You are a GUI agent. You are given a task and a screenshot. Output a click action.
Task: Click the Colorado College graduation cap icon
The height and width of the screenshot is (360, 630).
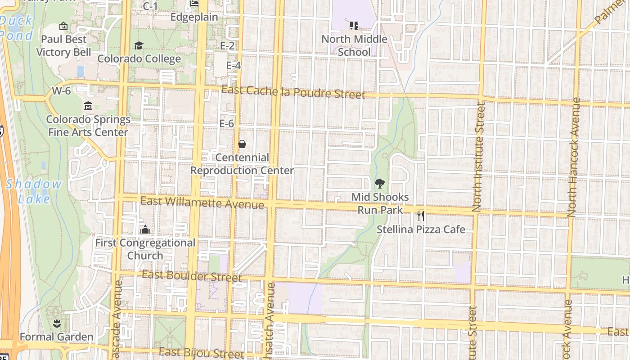[139, 46]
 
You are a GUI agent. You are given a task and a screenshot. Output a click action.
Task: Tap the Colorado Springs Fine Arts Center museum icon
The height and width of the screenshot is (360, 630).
[88, 107]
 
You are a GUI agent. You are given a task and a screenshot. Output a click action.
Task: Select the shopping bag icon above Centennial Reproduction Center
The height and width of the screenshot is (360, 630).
[242, 144]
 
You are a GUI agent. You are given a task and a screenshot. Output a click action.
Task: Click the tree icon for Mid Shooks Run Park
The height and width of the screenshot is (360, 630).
[380, 184]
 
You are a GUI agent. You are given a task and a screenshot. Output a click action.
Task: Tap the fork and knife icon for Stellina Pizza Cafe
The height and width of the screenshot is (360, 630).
[421, 216]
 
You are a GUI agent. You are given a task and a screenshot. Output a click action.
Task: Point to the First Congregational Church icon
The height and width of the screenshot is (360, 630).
[145, 229]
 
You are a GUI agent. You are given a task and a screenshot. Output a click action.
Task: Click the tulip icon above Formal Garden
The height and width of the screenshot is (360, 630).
[57, 323]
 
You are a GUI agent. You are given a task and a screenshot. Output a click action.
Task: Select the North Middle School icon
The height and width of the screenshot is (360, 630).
[354, 26]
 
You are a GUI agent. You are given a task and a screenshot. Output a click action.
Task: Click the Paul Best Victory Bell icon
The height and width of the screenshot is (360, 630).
[63, 27]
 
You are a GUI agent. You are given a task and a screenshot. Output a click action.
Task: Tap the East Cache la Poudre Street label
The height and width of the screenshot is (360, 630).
[293, 92]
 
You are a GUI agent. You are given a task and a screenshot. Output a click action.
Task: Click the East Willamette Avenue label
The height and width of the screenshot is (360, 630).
[202, 202]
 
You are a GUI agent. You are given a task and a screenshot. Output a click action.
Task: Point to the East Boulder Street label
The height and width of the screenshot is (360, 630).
[192, 276]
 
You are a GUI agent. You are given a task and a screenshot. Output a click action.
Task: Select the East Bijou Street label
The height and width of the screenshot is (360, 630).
[202, 353]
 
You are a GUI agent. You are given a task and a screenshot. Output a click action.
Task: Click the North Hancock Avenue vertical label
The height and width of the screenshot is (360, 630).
[573, 157]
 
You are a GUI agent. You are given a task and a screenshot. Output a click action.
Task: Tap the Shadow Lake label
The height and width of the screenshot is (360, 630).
[34, 191]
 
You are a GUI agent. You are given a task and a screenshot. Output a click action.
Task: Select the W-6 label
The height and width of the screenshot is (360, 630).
[61, 91]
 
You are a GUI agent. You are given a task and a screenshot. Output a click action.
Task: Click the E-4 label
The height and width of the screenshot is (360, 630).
[233, 66]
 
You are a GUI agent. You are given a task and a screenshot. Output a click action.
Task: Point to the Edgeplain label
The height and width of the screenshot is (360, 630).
[194, 17]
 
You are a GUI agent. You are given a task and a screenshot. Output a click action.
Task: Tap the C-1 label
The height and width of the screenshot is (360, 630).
[150, 6]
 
